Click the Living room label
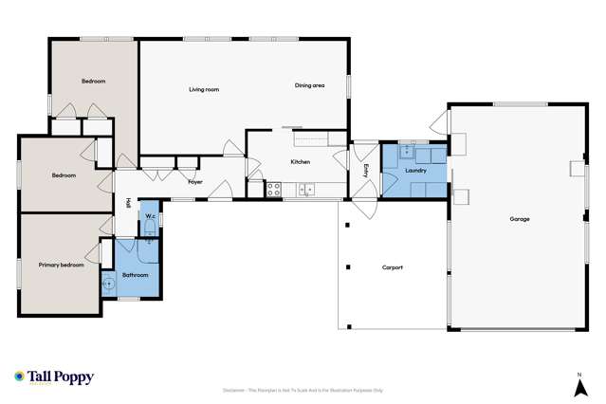click(204, 89)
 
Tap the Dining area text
click(310, 85)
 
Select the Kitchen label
click(301, 162)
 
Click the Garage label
click(519, 219)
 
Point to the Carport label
click(393, 267)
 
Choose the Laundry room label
click(414, 171)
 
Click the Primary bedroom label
click(61, 265)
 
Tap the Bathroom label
click(134, 275)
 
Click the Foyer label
click(195, 180)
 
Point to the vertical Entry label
click(366, 170)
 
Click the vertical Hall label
click(127, 202)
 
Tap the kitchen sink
click(306, 190)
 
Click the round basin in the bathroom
click(108, 281)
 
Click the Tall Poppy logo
click(54, 376)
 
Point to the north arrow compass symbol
click(578, 385)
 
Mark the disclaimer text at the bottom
click(303, 390)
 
